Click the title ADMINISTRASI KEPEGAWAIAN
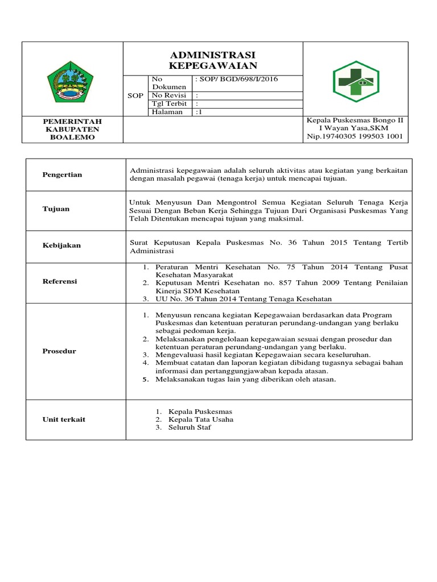(213, 60)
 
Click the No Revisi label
(168, 95)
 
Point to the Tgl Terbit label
(169, 103)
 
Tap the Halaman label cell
(167, 112)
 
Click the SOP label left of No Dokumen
(135, 95)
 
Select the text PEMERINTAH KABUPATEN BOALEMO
(73, 129)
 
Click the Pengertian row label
(63, 174)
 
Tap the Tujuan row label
(56, 209)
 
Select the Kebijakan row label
(62, 246)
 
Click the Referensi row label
(60, 281)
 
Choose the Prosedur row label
(59, 351)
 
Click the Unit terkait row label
(64, 419)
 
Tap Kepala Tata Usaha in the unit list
(200, 419)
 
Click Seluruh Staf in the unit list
(189, 427)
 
